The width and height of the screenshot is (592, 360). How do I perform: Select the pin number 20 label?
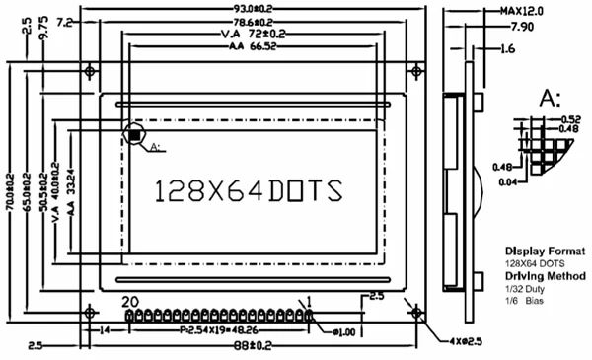[129, 301]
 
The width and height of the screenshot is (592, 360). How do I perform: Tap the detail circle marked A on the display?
[134, 134]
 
